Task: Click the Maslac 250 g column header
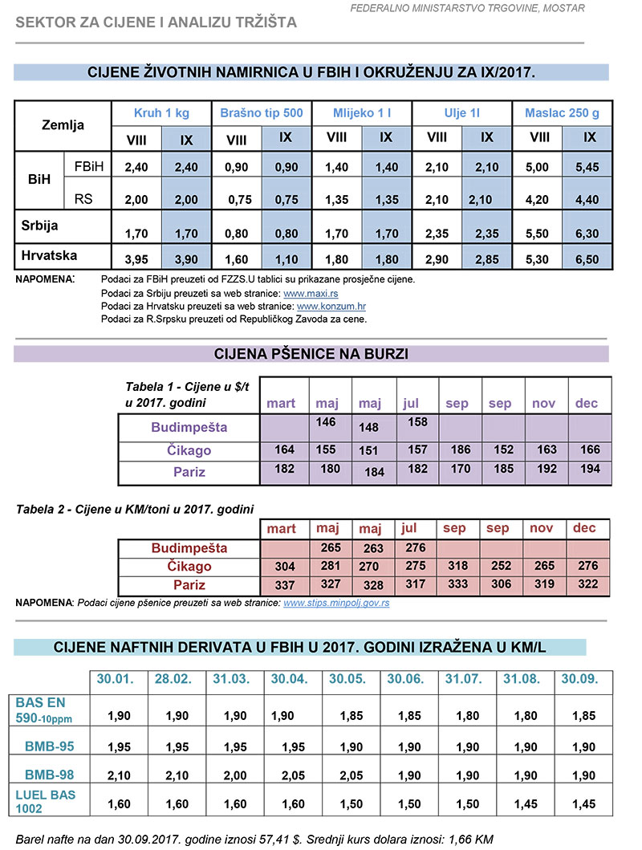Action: click(x=562, y=113)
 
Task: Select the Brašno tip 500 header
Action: click(x=262, y=113)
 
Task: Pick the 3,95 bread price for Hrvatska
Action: click(x=137, y=260)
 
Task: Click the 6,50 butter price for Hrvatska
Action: click(x=589, y=260)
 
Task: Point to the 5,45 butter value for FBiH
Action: click(x=589, y=168)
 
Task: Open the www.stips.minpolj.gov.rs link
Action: click(x=337, y=603)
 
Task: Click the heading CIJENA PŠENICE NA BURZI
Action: click(x=311, y=354)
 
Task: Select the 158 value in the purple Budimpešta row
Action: click(x=418, y=421)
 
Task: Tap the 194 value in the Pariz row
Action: click(x=589, y=468)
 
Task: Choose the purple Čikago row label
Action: click(x=189, y=450)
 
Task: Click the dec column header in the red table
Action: click(x=585, y=529)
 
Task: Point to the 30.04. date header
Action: click(x=290, y=679)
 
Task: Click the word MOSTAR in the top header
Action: click(x=564, y=9)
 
